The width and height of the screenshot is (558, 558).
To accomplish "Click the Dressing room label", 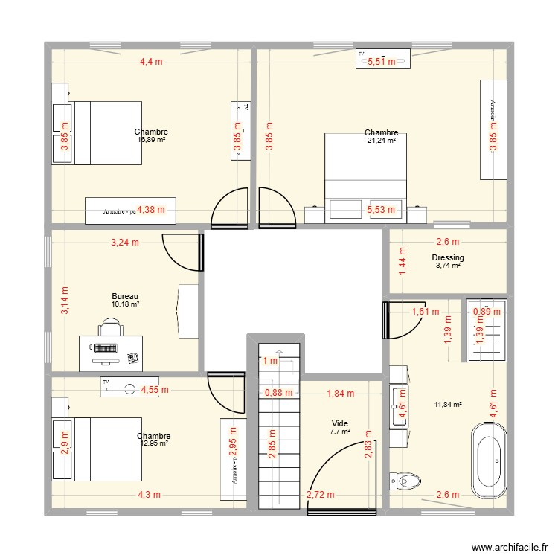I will [448, 258].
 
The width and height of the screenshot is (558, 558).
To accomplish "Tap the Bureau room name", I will [125, 296].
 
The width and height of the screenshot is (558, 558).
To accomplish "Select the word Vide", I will [339, 423].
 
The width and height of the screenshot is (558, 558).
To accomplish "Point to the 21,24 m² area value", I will [381, 141].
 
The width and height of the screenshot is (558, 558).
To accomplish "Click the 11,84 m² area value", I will [448, 405].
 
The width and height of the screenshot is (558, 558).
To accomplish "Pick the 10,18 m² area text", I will [126, 304].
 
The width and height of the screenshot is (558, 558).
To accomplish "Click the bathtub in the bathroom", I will [488, 461].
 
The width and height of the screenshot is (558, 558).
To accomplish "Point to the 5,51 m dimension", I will [382, 62].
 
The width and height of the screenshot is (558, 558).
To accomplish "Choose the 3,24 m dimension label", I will [125, 242].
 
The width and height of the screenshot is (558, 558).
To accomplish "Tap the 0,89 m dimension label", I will [487, 312].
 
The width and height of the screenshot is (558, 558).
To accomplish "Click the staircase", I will [278, 446].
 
